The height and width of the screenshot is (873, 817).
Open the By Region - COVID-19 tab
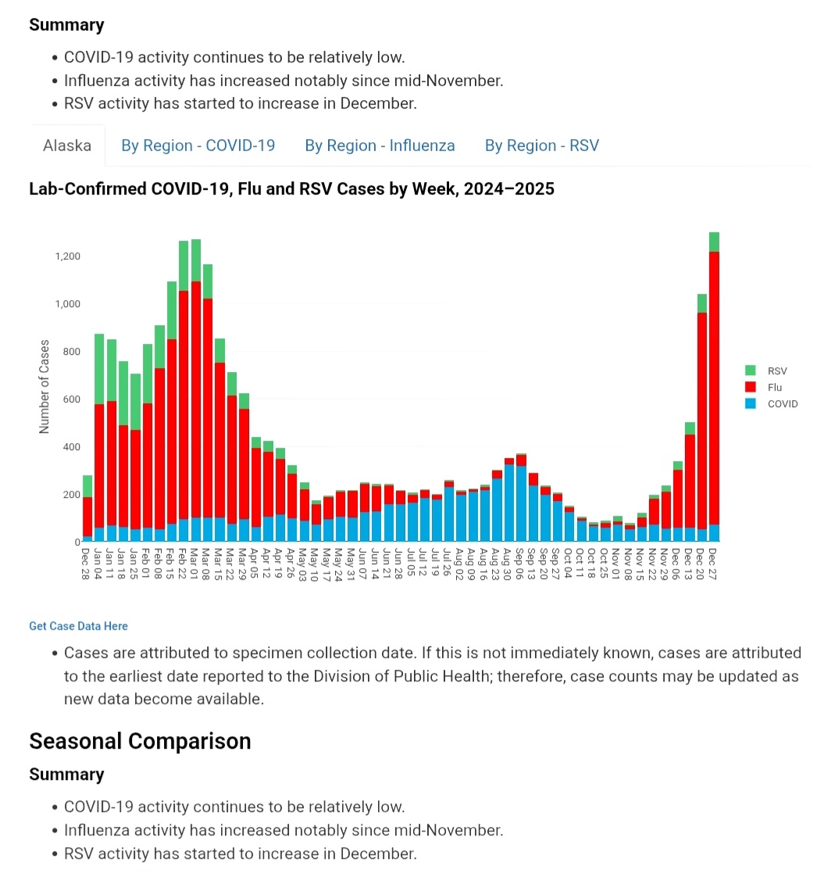point(198,145)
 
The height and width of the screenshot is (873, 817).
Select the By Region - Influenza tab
point(380,145)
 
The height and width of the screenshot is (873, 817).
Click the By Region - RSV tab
point(541,145)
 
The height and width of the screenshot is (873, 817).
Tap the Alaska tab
point(67,145)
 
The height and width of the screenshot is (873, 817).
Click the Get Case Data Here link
point(78,626)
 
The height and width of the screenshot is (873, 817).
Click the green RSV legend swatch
point(751,370)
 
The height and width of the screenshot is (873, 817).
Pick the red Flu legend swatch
point(751,387)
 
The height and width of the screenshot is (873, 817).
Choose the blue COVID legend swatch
point(751,404)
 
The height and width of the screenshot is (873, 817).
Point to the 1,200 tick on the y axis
point(67,256)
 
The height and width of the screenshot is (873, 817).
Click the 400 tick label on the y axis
point(71,447)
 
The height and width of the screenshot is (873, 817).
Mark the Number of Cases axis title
point(45,387)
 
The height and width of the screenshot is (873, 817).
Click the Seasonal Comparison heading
point(140,741)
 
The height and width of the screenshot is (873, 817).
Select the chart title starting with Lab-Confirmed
point(291,189)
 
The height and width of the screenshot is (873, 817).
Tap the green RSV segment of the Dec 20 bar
point(702,303)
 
